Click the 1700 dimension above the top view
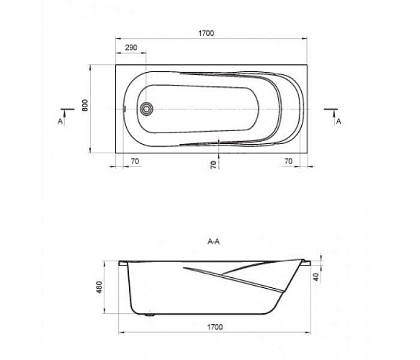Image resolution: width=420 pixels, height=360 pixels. [206, 33]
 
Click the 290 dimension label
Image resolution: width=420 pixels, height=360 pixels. [131, 48]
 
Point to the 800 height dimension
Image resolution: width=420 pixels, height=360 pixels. [84, 105]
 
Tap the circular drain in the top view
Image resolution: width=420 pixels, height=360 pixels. [146, 109]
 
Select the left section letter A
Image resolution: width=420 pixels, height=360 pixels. [60, 122]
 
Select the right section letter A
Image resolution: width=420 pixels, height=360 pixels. [339, 122]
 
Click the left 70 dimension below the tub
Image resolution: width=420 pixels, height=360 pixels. [135, 161]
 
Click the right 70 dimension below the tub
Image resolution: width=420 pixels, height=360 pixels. [288, 161]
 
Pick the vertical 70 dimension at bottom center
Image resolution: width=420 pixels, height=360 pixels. [213, 165]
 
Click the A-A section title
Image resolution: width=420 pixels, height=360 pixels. [213, 241]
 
